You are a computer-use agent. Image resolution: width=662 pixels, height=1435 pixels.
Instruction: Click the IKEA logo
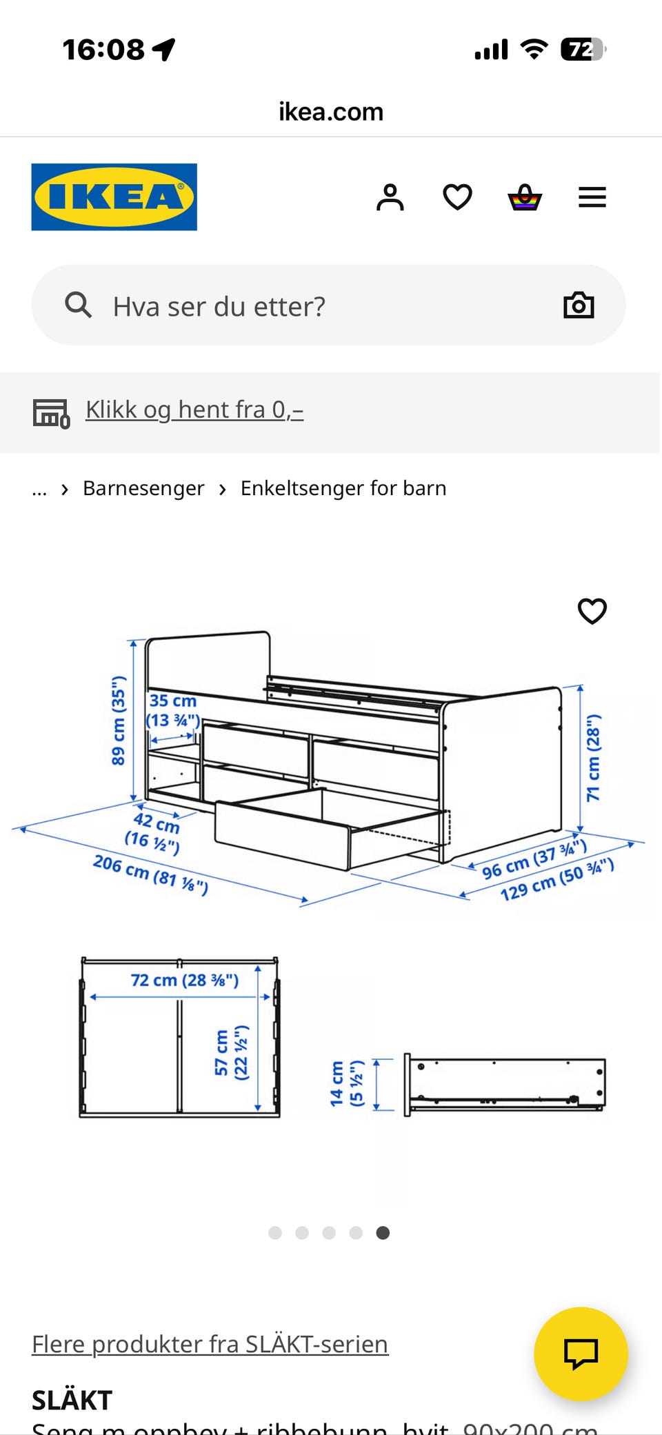114,197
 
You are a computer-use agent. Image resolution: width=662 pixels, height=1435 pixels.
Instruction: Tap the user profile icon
390,197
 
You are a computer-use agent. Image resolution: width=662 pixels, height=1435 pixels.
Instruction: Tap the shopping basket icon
525,197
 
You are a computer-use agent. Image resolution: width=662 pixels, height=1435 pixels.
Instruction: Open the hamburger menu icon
592,197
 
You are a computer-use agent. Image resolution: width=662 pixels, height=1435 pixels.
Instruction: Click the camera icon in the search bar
579,305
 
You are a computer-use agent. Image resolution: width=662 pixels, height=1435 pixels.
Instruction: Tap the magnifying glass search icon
78,305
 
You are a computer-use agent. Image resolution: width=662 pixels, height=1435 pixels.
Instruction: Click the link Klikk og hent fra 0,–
194,410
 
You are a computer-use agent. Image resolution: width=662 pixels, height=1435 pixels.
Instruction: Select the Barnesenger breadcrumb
143,488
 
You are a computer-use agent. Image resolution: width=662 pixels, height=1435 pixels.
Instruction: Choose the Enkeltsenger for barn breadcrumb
343,488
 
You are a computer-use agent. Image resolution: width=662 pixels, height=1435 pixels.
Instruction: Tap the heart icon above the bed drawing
592,611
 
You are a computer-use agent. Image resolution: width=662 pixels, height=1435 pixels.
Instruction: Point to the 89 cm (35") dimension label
119,721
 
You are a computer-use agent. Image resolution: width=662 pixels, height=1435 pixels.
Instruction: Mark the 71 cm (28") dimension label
593,758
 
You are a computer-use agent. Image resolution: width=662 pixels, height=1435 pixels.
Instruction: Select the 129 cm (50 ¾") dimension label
556,880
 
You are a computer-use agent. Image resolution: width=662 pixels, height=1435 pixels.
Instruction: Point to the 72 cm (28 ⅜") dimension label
184,980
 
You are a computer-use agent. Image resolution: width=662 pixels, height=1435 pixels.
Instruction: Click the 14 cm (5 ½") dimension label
345,1083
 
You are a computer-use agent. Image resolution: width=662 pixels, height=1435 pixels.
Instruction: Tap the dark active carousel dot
383,1233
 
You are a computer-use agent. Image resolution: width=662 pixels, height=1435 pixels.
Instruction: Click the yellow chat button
581,1353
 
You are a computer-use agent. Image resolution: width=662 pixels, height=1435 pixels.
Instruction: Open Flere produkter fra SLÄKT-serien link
210,1344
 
